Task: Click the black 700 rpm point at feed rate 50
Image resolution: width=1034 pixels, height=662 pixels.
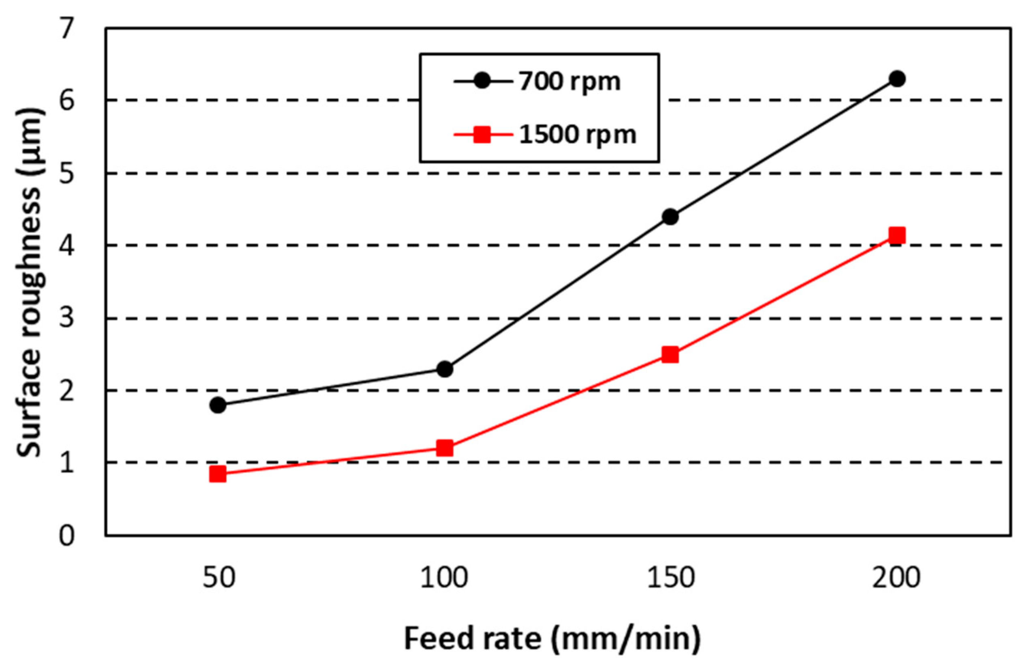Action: (x=218, y=405)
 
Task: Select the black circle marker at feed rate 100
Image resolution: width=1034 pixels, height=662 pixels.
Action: (x=445, y=369)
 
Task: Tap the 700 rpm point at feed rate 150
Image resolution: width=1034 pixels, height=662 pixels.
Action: (x=670, y=216)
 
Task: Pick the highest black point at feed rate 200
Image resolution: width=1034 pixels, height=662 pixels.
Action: (x=897, y=79)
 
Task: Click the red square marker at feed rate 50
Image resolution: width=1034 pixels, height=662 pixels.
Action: (x=218, y=474)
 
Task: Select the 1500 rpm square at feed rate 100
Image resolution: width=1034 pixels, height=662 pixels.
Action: (x=444, y=448)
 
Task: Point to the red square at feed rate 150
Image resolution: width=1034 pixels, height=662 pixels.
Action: (x=670, y=355)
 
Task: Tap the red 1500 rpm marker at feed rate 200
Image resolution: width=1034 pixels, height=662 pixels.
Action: (x=897, y=236)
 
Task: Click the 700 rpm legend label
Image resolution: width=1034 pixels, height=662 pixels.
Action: (x=569, y=81)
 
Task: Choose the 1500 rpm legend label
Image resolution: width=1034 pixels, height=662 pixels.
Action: (x=577, y=135)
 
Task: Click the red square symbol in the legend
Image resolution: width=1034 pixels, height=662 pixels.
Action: (x=482, y=135)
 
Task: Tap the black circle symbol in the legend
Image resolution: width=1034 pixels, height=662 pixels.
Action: (x=482, y=81)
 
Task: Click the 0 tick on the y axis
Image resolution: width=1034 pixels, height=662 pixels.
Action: (x=66, y=536)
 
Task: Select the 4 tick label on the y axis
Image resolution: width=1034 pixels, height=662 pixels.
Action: (x=66, y=246)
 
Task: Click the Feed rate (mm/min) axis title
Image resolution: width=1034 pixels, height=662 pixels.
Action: (x=552, y=638)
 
